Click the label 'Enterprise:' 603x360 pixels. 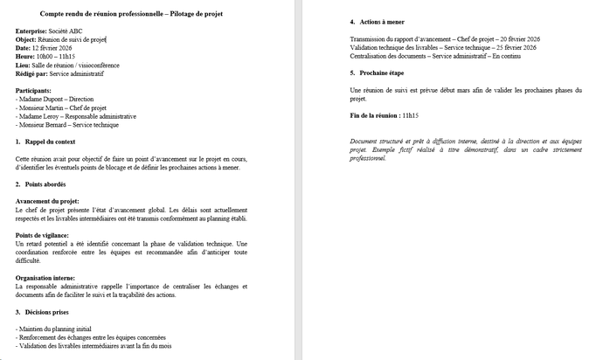click(31, 31)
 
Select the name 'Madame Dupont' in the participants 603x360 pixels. click(39, 99)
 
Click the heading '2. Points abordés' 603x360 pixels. click(41, 184)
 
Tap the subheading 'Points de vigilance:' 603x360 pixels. click(45, 235)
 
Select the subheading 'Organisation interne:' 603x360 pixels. click(46, 278)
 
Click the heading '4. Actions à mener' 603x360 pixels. click(377, 22)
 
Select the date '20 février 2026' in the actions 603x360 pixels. click(515, 39)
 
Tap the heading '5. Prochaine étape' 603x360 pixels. click(377, 73)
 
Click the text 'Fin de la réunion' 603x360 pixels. click(372, 115)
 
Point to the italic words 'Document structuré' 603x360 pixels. click(376, 142)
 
